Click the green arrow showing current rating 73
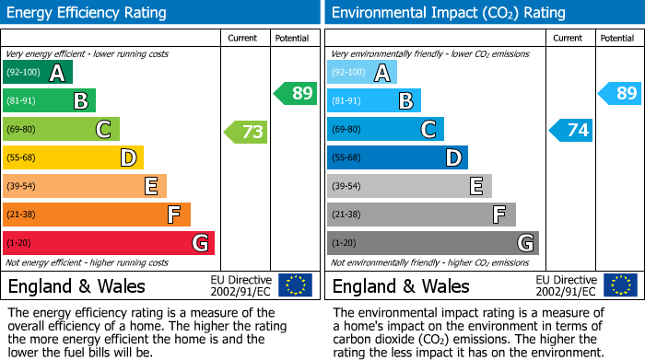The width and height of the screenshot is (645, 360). click(x=246, y=132)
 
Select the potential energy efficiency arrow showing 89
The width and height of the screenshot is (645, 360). click(x=295, y=93)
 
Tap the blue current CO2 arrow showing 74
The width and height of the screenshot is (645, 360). click(x=571, y=130)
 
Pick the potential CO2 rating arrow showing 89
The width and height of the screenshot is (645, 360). click(x=620, y=93)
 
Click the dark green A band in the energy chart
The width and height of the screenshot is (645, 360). click(x=38, y=73)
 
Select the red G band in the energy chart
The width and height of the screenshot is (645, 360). click(x=109, y=243)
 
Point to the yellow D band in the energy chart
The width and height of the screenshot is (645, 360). click(x=74, y=158)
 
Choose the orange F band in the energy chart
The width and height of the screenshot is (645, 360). click(x=97, y=215)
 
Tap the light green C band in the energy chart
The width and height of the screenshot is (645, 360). click(x=62, y=130)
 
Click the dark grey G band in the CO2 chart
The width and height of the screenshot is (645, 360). click(x=432, y=243)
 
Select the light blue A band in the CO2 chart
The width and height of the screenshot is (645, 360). click(x=362, y=73)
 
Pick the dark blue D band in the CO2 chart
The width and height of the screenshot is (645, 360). click(x=397, y=158)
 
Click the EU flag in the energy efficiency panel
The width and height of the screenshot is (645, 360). click(x=295, y=285)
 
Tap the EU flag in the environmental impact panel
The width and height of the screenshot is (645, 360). click(x=621, y=285)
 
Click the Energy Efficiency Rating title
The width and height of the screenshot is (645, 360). click(x=88, y=13)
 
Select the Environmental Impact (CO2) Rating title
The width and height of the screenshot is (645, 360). click(x=447, y=13)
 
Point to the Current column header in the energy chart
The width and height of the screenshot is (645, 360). click(x=243, y=38)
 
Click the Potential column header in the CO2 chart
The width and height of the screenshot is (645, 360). click(x=617, y=38)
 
